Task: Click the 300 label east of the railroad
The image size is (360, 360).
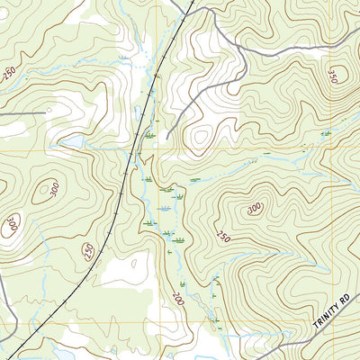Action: (x=255, y=208)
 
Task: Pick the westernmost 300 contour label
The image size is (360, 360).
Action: (x=11, y=223)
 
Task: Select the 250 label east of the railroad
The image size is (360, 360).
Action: (x=222, y=236)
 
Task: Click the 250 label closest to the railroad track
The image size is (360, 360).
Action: (x=88, y=253)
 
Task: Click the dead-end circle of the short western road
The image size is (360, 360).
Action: (x=46, y=113)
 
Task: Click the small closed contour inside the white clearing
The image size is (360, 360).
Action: (x=132, y=265)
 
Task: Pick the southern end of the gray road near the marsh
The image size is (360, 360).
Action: (x=167, y=138)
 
